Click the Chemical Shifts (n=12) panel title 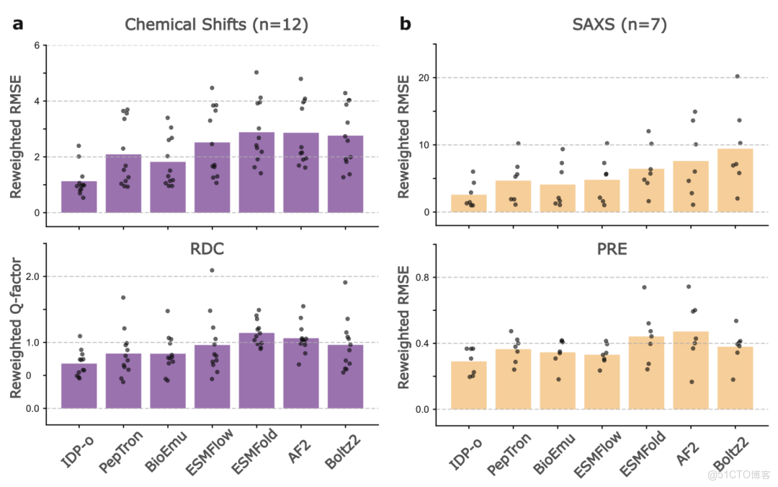coord(216,25)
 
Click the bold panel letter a coord(18,24)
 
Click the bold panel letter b coord(406,24)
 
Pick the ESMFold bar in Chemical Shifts coord(256,173)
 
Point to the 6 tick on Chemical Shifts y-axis coord(35,45)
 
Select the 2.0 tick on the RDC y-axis coord(31,276)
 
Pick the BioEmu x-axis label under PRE coord(556,451)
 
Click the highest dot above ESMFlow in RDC coord(212,271)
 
